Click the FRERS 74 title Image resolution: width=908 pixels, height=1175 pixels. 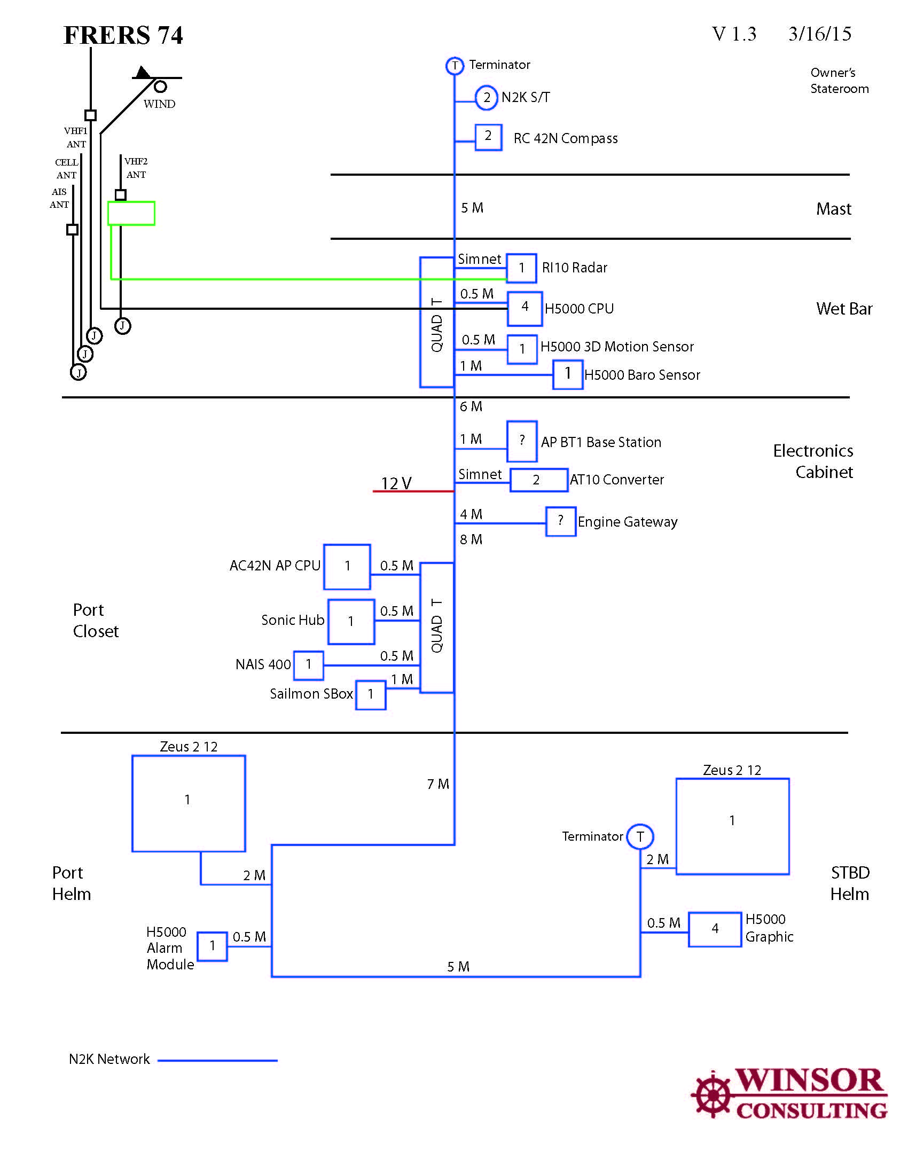[123, 35]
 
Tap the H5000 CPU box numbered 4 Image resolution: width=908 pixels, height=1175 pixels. [525, 308]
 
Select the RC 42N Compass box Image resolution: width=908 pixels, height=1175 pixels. [488, 137]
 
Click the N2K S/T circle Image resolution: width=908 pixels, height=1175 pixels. [486, 97]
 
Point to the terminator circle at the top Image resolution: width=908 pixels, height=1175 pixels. [455, 66]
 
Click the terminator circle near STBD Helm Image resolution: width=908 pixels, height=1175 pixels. [640, 836]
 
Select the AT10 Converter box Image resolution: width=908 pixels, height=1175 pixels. [538, 480]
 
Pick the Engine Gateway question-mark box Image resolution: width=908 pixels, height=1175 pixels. [560, 521]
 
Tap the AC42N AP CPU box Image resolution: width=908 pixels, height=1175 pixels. [347, 567]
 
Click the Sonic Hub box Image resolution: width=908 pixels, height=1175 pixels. [351, 621]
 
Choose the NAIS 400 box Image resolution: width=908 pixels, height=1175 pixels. [308, 665]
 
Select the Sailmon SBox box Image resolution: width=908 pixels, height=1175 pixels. [371, 694]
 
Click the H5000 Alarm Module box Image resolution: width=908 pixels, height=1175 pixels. [212, 946]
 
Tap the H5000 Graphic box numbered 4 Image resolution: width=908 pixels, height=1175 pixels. [715, 929]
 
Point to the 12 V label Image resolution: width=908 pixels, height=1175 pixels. [396, 483]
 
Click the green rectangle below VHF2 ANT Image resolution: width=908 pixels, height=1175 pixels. [131, 213]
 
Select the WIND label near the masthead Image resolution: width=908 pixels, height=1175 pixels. [159, 104]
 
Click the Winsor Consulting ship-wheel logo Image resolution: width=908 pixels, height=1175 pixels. [712, 1094]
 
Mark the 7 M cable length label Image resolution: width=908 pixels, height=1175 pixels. [438, 784]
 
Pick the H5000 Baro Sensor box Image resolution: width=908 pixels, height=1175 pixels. [567, 374]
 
